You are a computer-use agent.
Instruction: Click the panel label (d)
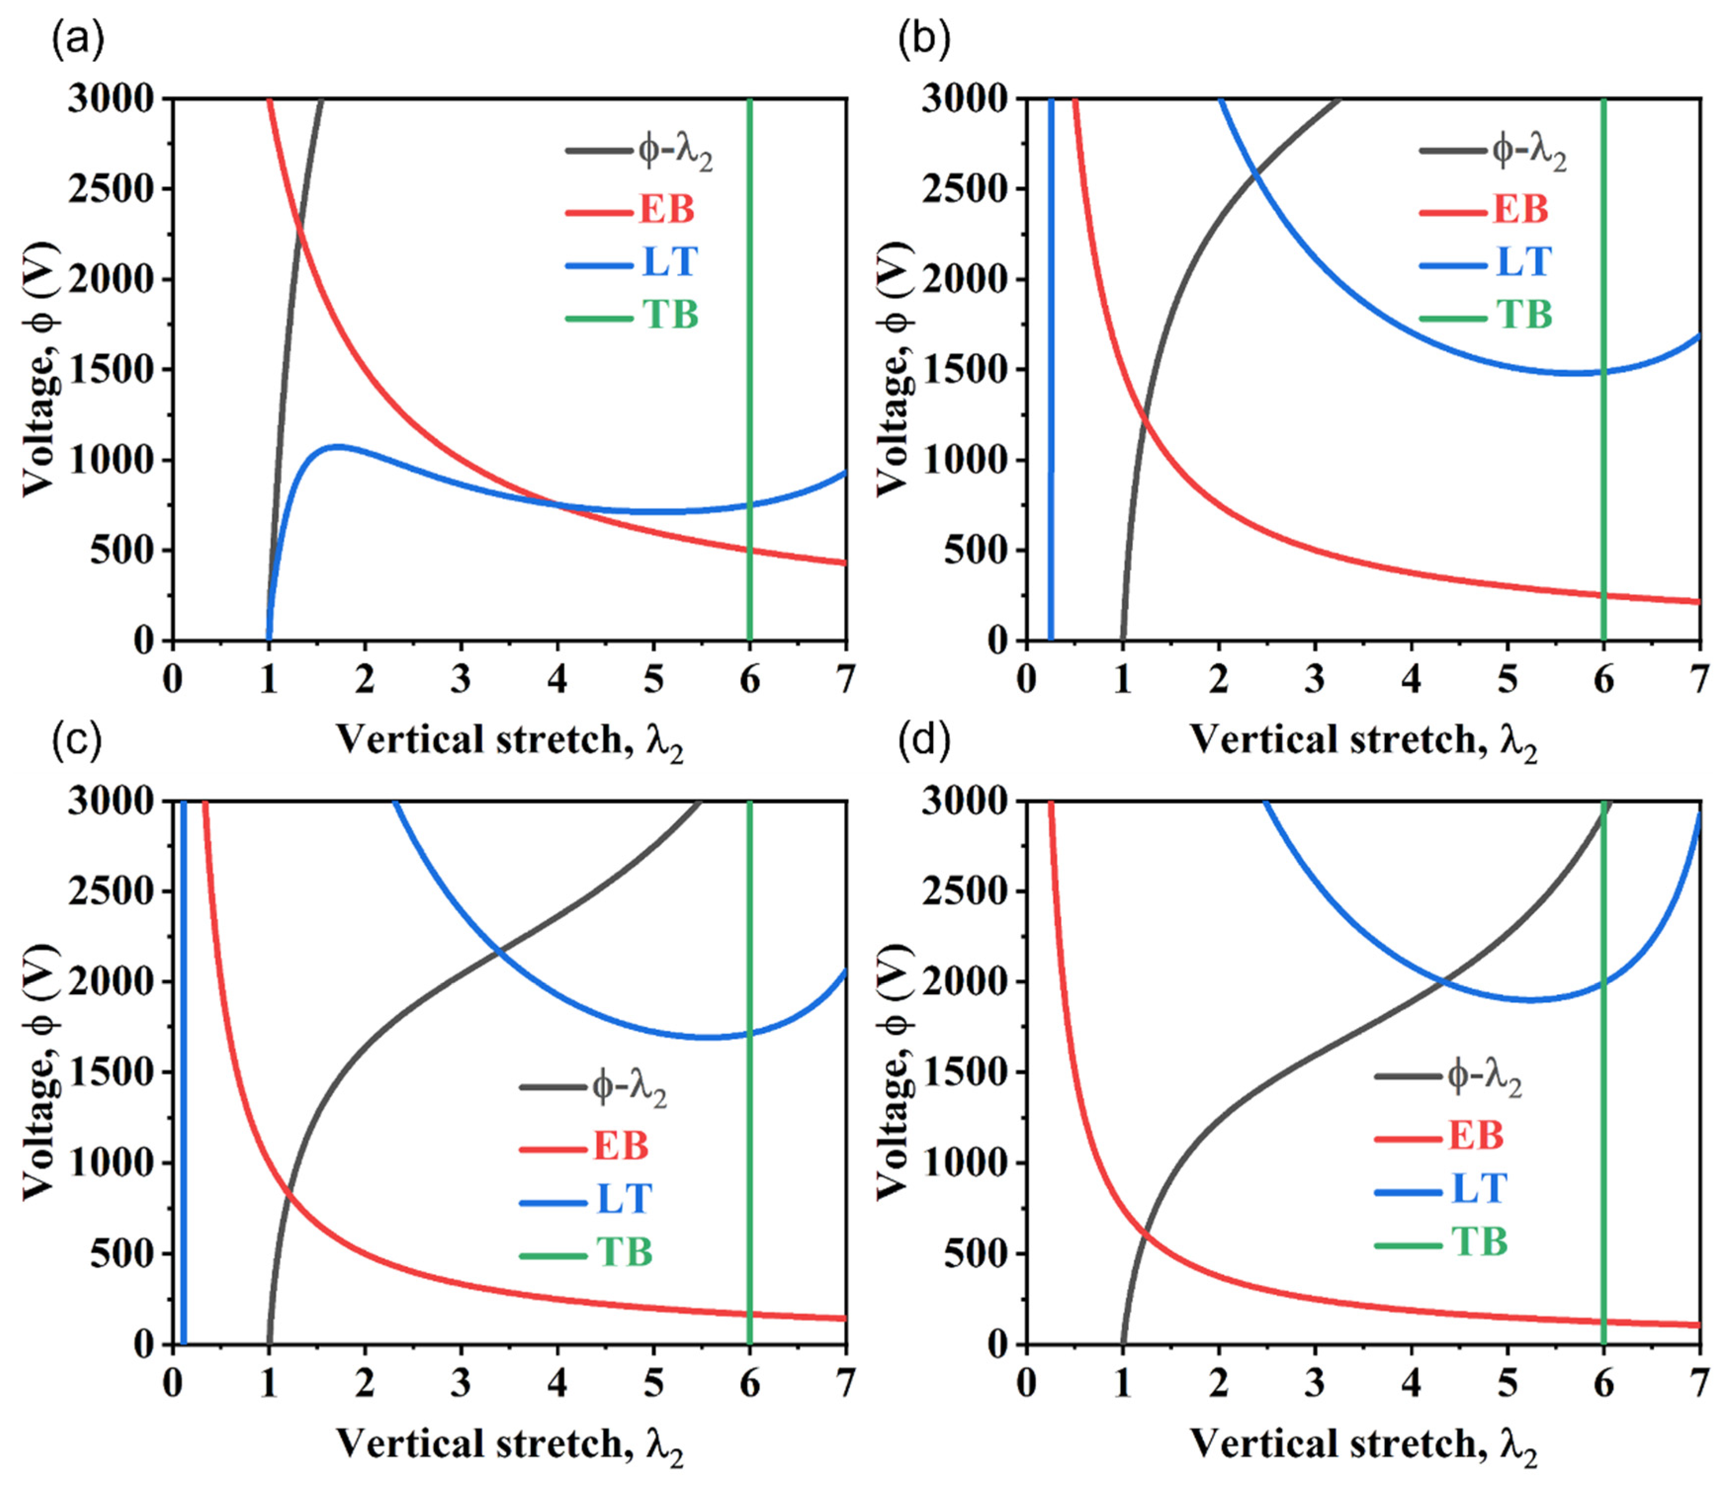tap(925, 743)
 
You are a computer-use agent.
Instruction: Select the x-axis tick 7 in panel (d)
tap(1698, 1384)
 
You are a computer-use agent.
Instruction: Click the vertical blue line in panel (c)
tap(183, 1079)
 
